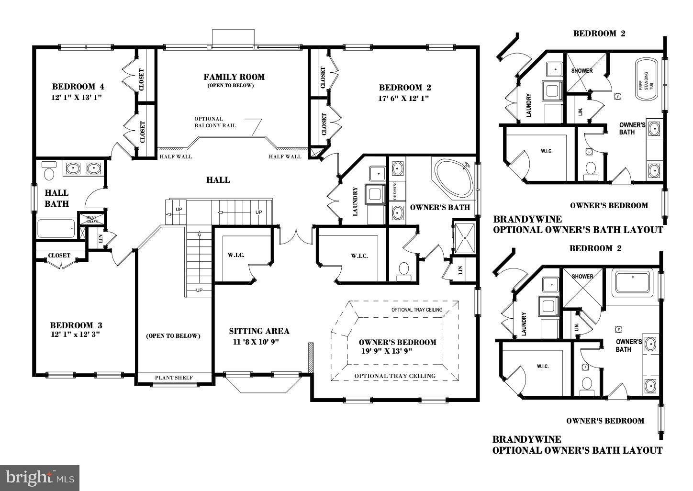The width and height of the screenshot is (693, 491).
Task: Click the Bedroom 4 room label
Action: (78, 87)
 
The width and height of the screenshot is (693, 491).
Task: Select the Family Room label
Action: (234, 77)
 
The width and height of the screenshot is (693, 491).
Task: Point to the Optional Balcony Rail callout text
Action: (215, 122)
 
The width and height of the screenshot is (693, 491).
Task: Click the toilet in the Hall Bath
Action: (49, 171)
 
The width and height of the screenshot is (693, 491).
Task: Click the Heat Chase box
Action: (91, 219)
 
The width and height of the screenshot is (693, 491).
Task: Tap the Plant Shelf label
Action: (174, 378)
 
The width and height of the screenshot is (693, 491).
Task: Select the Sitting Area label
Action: (259, 331)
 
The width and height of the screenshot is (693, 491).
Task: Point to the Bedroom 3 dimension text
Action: (75, 335)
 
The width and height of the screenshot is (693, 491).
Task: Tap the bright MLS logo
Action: (40, 478)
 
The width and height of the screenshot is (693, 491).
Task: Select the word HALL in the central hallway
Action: (218, 180)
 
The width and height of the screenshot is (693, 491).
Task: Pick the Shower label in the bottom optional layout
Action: (582, 276)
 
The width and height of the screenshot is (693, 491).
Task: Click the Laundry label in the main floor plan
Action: (355, 201)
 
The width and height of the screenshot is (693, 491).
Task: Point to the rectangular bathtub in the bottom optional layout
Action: (633, 281)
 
